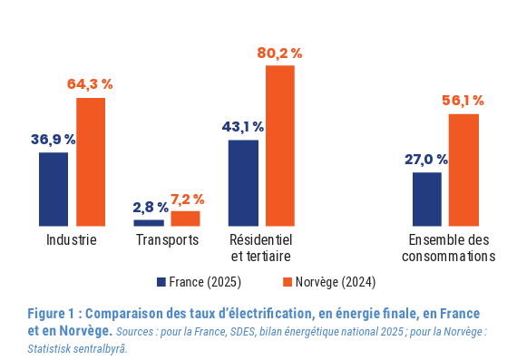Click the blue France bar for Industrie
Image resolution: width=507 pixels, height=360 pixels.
coord(54,189)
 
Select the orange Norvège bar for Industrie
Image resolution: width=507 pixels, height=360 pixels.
coord(91,162)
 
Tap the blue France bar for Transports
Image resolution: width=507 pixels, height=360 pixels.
coord(149,223)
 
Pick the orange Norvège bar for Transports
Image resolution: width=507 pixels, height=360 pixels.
coord(185,219)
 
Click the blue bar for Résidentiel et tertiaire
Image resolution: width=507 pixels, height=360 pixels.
coord(243,183)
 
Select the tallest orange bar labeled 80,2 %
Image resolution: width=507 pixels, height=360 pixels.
coord(280,146)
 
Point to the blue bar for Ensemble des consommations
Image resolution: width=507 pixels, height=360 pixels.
coord(427,199)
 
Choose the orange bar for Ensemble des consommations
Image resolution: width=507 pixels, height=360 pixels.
coord(463,170)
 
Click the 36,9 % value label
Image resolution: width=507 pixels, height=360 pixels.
coord(54,140)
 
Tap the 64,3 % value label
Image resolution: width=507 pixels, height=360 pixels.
coord(90,84)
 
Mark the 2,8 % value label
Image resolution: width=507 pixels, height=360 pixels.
coord(151,208)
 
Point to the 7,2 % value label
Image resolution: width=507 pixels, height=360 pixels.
coord(188,199)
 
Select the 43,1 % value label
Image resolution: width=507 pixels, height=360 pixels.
coord(243,127)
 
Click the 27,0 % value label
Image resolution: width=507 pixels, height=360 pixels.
coord(426,160)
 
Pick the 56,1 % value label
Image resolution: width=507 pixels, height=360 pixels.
coord(463,101)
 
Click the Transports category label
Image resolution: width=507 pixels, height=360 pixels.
coord(168,240)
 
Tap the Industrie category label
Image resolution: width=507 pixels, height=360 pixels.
coord(72,240)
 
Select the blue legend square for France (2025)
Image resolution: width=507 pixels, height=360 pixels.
coord(161,282)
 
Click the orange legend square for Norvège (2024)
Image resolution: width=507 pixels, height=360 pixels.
coord(288,282)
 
